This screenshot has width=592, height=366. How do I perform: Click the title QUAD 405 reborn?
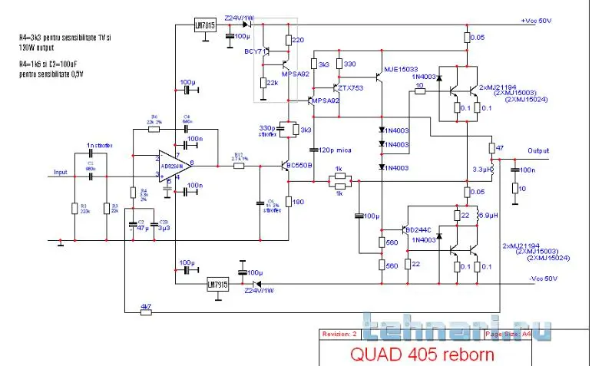tap(422, 354)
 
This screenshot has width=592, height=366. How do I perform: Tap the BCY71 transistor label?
tap(255, 51)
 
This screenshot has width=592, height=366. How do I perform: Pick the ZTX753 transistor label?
tap(352, 87)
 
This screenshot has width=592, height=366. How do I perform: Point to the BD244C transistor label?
tap(421, 229)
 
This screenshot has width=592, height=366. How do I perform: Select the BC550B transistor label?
tap(298, 165)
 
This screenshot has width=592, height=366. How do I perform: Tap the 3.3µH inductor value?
tap(482, 169)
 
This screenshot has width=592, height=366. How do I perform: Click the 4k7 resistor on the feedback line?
tap(145, 307)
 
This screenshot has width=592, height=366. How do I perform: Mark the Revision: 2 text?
tap(340, 335)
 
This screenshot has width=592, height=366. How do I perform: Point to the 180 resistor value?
tap(299, 202)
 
